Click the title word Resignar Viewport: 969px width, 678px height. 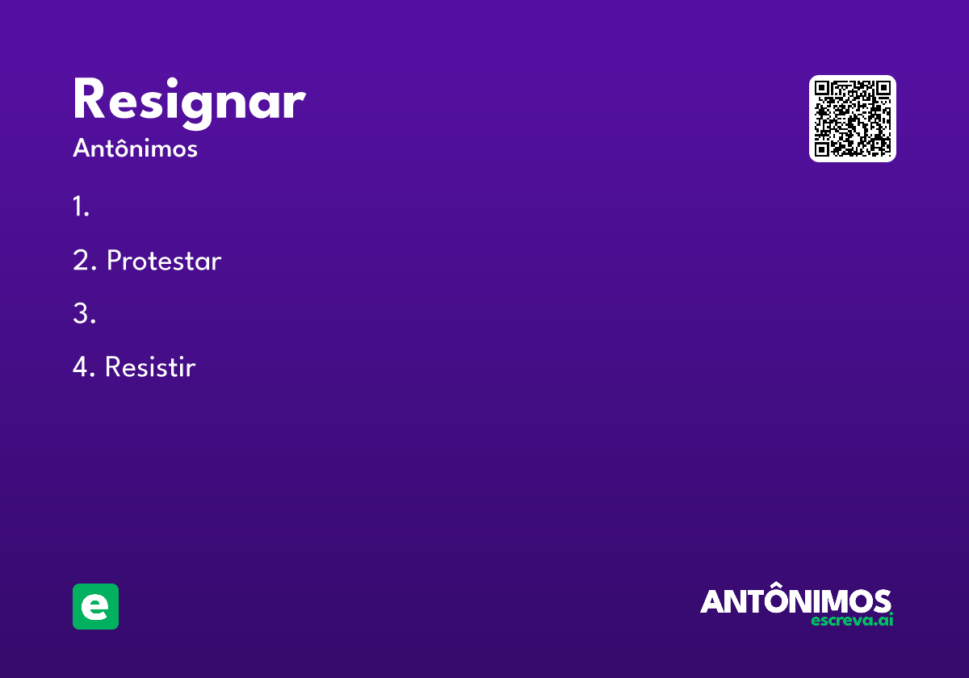click(x=190, y=103)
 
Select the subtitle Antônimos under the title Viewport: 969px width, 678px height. click(x=135, y=148)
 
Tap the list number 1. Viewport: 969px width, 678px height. click(x=81, y=206)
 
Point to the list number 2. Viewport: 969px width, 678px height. click(x=84, y=260)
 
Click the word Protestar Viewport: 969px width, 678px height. click(x=164, y=260)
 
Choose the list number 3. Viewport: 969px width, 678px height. click(x=84, y=313)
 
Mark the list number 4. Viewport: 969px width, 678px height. click(x=84, y=366)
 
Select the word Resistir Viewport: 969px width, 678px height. click(x=150, y=366)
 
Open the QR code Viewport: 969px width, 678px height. click(x=852, y=119)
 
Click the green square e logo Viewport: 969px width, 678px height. click(x=95, y=606)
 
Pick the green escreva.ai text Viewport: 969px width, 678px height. click(x=852, y=621)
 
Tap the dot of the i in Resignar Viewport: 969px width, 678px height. click(x=172, y=82)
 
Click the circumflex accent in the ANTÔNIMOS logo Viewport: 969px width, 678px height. click(x=778, y=584)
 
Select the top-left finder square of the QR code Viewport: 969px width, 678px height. click(x=821, y=88)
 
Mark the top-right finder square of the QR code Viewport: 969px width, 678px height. click(x=883, y=88)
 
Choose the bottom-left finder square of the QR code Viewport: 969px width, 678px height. click(x=821, y=149)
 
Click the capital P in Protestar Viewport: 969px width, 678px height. click(x=114, y=260)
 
